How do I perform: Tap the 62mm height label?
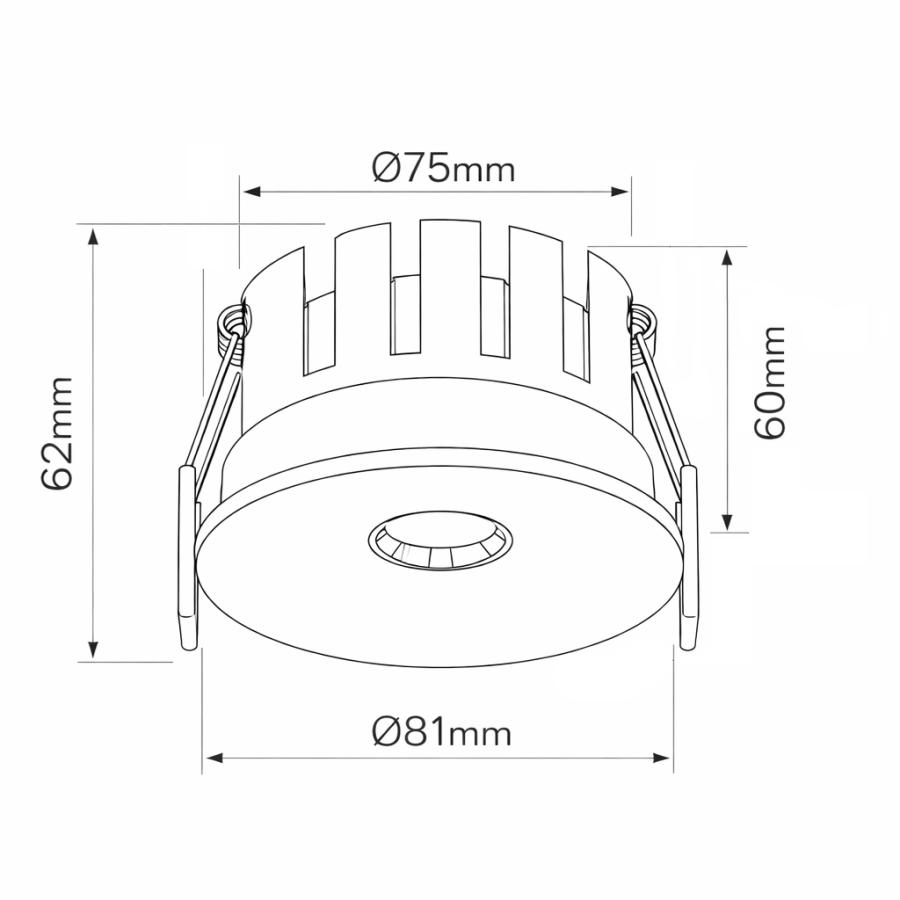[57, 433]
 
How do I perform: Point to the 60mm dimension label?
[769, 383]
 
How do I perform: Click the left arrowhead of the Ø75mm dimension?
[252, 191]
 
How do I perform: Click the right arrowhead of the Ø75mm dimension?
[620, 191]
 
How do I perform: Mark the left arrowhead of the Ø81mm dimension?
[214, 758]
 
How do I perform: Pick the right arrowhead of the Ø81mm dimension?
[661, 758]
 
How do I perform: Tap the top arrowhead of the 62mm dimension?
[92, 236]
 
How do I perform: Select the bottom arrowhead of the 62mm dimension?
[92, 649]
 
